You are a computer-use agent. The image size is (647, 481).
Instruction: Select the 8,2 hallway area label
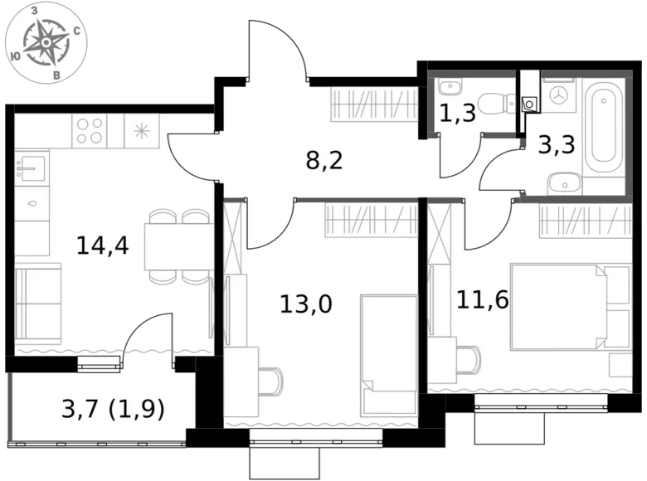(323, 159)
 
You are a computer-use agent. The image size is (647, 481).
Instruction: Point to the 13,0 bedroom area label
(305, 304)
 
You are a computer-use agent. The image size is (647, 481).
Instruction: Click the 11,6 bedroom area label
(482, 299)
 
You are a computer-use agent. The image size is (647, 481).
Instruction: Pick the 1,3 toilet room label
(457, 113)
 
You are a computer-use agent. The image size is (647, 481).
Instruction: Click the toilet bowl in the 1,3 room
(495, 104)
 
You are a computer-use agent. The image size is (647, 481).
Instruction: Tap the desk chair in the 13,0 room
(271, 381)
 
